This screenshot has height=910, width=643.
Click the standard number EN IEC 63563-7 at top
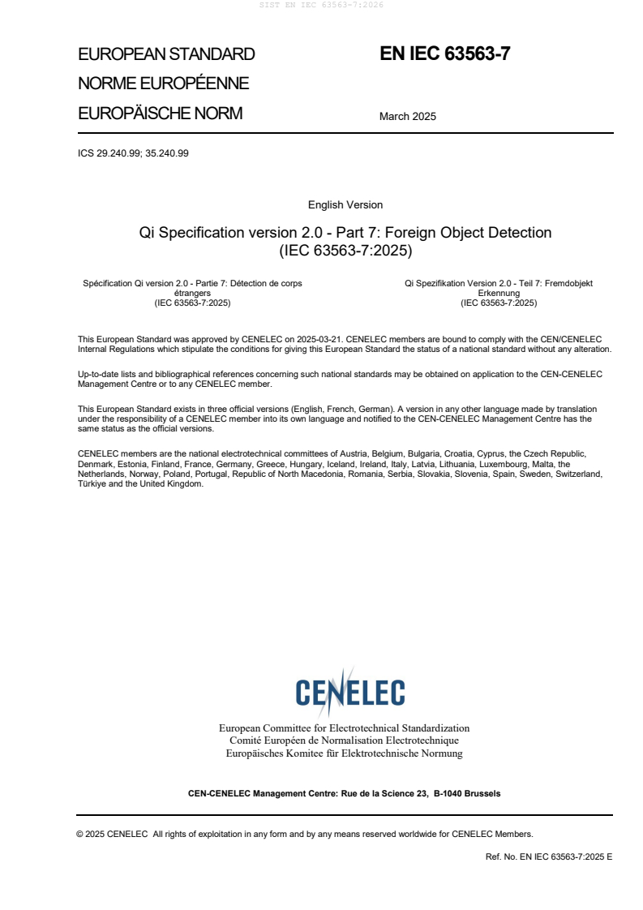445,54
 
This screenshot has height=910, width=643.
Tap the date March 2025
407,116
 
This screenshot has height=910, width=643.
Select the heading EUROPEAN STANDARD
166,54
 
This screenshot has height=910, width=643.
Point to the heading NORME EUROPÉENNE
163,84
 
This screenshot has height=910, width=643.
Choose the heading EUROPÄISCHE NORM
160,114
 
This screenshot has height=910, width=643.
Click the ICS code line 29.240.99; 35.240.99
133,152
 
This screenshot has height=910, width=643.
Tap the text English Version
345,205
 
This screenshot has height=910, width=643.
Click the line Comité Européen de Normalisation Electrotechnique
344,740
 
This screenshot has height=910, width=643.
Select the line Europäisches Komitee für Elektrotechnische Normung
344,753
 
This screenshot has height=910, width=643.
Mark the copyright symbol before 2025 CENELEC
80,834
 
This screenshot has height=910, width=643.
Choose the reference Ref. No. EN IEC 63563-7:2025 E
548,856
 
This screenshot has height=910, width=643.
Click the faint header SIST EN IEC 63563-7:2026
321,5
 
